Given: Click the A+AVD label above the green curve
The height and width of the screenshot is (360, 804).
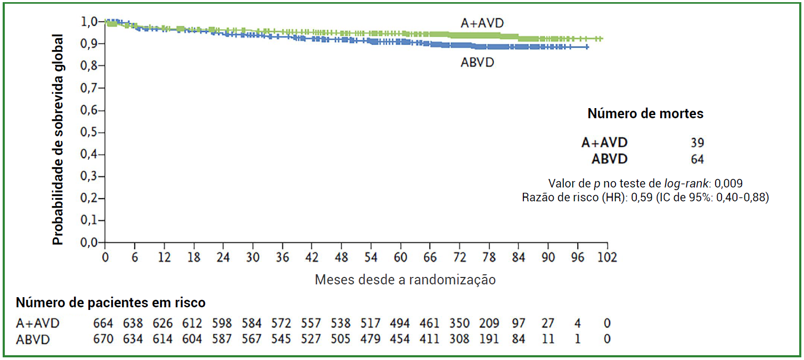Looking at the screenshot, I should click(x=482, y=23).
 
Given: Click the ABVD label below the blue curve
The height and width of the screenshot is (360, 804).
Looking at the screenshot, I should click(x=477, y=62).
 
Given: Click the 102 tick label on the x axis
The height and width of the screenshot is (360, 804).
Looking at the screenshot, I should click(x=606, y=257).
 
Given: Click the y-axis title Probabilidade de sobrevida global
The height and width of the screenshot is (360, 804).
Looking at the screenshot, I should click(x=58, y=140).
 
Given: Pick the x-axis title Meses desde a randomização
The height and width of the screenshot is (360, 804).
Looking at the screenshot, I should click(x=405, y=280).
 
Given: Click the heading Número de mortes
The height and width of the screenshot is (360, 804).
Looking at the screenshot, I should click(x=645, y=113).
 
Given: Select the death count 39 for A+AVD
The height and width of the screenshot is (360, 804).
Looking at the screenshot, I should click(x=697, y=143).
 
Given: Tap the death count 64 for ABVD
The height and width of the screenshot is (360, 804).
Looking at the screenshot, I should click(x=697, y=159).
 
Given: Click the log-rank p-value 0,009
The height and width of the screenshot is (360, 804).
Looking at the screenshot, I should click(x=728, y=183).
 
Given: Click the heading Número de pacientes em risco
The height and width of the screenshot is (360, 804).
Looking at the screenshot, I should click(x=111, y=303).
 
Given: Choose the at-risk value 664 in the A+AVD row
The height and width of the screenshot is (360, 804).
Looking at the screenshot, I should click(x=104, y=323).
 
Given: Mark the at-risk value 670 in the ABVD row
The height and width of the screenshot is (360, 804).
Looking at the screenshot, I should click(x=104, y=339).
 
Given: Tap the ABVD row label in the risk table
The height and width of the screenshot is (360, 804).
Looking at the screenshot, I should click(x=34, y=339).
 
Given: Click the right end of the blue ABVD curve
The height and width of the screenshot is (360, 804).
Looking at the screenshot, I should click(x=587, y=47).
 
